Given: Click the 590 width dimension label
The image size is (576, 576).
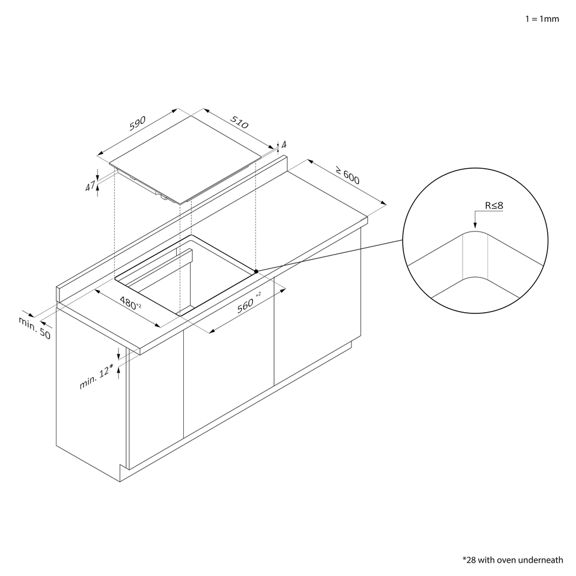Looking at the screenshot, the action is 138,123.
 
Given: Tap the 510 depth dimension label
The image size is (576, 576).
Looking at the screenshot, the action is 240,122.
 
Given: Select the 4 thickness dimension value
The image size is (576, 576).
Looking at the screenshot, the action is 283,145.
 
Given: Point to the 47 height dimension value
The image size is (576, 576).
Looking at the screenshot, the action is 90,186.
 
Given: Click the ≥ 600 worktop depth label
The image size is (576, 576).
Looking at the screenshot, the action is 347,175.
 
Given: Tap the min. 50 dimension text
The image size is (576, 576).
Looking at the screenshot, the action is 35,328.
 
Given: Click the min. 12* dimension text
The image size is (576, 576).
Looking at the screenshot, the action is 96,377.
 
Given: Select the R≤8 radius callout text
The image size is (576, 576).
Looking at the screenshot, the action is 494,206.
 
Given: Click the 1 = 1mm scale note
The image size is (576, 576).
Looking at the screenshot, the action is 542,19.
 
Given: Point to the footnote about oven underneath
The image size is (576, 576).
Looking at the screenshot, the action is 513,560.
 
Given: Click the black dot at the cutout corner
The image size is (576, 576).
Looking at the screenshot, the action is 256,271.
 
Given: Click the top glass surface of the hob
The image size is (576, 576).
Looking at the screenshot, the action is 185,160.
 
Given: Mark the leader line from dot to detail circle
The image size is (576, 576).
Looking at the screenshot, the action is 329,256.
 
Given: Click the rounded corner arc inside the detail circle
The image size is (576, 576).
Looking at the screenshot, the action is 475,232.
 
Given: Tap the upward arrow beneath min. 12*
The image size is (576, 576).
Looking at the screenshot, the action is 118,372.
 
